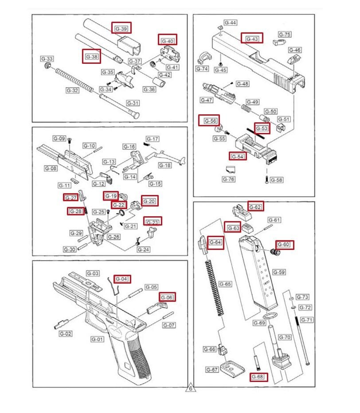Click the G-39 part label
[121, 28]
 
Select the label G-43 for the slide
[252, 39]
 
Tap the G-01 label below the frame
[98, 339]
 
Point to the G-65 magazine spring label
[226, 284]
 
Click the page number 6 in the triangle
[190, 389]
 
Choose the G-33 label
[47, 58]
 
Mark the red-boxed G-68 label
[257, 377]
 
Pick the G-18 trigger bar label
[164, 165]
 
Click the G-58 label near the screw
[276, 180]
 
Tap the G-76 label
[229, 179]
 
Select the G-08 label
[51, 168]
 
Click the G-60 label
[284, 245]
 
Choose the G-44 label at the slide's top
[230, 23]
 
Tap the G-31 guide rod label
[133, 103]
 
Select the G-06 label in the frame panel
[167, 297]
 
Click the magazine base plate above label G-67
[232, 367]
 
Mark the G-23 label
[152, 222]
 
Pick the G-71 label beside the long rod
[307, 319]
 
